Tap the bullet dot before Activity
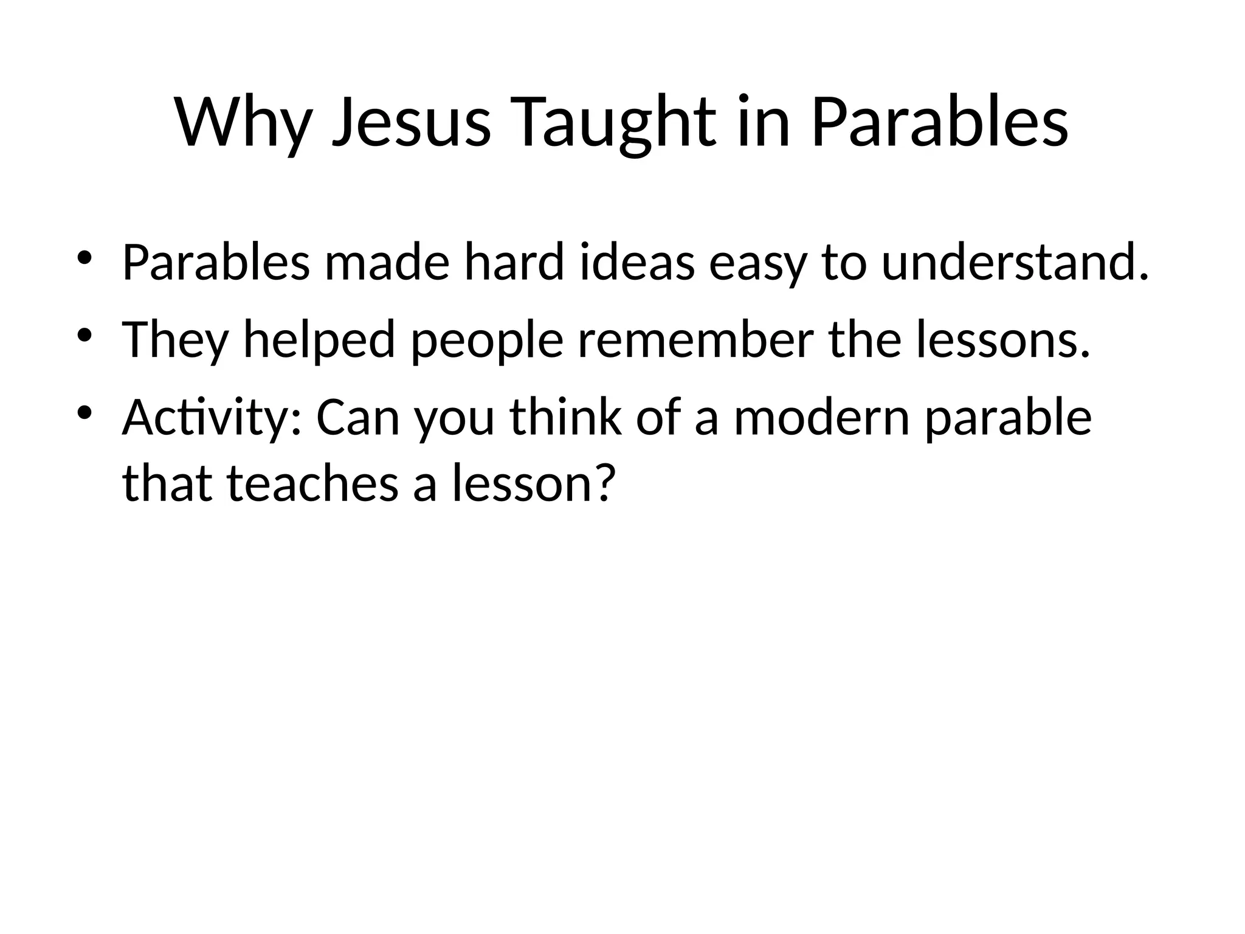(84, 413)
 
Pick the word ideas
(638, 263)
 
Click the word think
(565, 418)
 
